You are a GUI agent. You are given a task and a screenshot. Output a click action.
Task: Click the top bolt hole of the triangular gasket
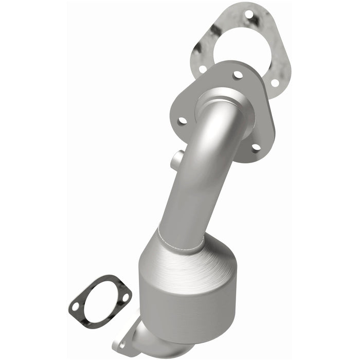pyautogui.click(x=249, y=14)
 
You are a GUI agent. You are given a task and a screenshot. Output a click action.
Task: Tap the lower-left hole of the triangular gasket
pyautogui.click(x=203, y=68)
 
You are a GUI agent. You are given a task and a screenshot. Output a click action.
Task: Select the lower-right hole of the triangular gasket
pyautogui.click(x=275, y=82)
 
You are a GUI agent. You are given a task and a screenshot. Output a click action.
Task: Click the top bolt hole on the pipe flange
pyautogui.click(x=238, y=75)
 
